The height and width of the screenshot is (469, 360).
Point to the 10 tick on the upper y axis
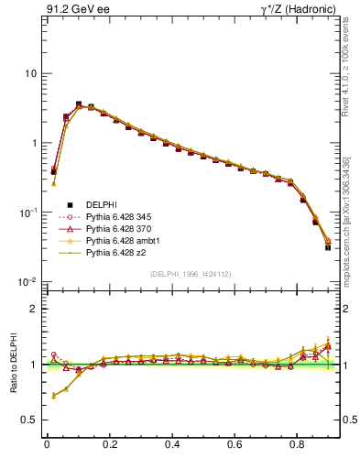[31, 73]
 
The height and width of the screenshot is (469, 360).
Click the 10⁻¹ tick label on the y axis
[27, 212]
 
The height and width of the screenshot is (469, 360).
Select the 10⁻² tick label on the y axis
[27, 281]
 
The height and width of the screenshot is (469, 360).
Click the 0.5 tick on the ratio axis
[29, 420]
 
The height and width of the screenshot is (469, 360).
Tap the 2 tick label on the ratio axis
[34, 309]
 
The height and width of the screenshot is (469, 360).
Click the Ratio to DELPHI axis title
[12, 364]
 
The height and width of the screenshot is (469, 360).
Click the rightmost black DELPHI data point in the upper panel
[328, 247]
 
